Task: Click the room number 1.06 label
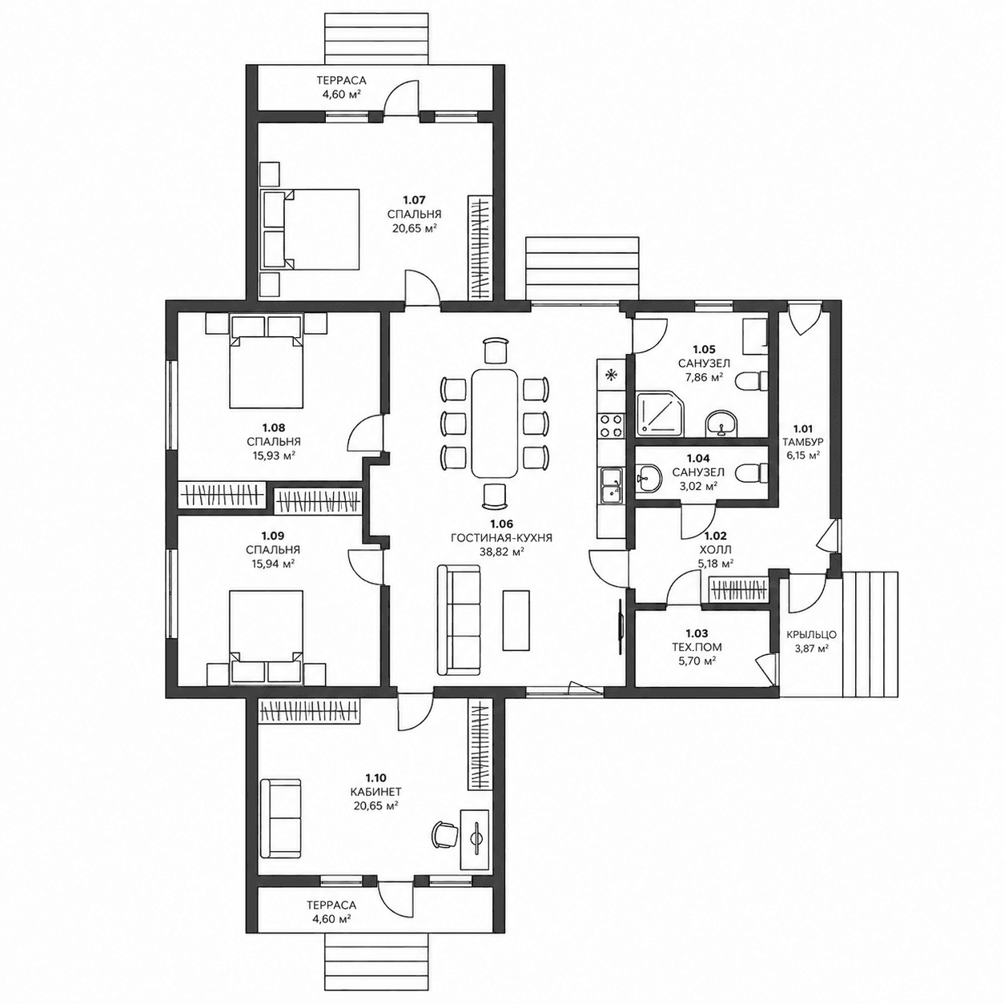click(x=502, y=524)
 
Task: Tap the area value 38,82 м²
click(x=502, y=552)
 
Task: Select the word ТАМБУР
click(x=803, y=442)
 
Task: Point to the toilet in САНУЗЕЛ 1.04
click(x=751, y=474)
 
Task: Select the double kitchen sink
click(x=611, y=486)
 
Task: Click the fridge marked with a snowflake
click(x=611, y=375)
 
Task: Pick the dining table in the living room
click(x=495, y=423)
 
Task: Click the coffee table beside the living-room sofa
click(x=516, y=620)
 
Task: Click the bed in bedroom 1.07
click(x=311, y=229)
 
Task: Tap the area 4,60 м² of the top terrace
click(x=341, y=94)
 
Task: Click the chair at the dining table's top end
click(x=495, y=349)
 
